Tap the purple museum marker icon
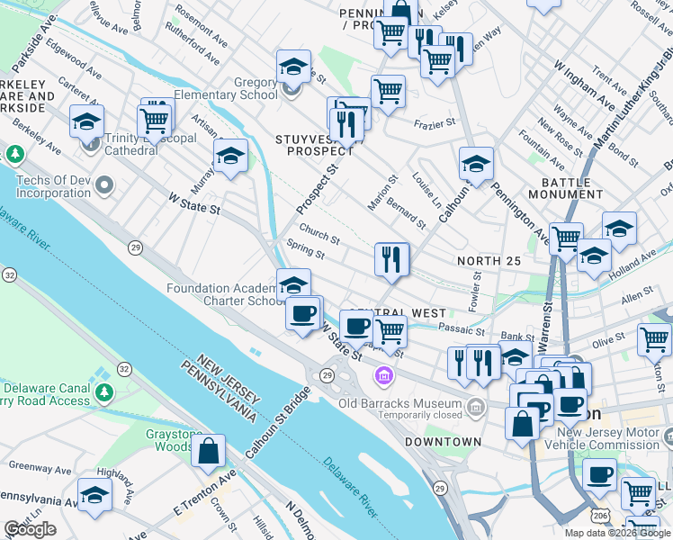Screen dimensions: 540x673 click(x=384, y=374)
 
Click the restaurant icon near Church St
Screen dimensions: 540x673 click(x=391, y=260)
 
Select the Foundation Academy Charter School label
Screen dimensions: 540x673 click(x=225, y=295)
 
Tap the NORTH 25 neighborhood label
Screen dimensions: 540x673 click(x=489, y=261)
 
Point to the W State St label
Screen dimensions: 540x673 click(x=195, y=208)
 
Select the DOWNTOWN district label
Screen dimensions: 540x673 click(x=443, y=442)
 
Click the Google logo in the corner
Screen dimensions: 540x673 click(x=30, y=529)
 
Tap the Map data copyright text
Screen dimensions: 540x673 click(x=616, y=533)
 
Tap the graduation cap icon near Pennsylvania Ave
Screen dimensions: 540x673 click(x=94, y=495)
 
